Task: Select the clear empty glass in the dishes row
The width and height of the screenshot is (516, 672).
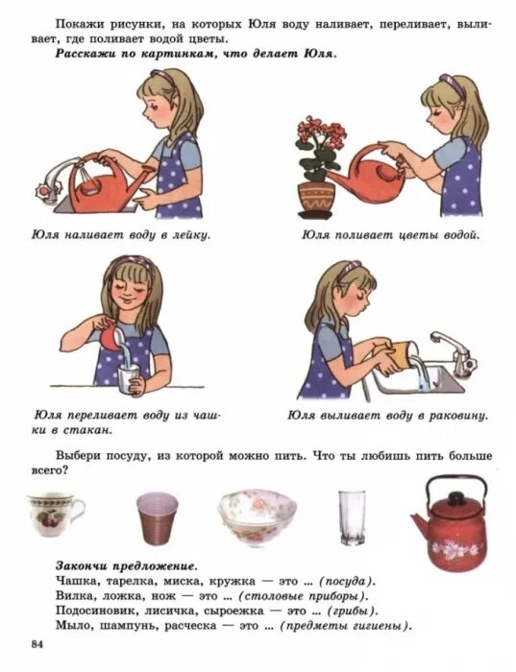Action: click(x=351, y=519)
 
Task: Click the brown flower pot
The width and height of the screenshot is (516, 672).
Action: click(x=316, y=197)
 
